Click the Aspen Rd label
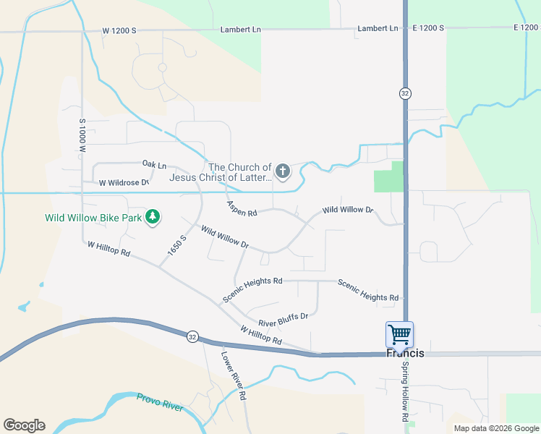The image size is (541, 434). tap(242, 209)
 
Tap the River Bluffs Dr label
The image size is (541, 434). tap(284, 320)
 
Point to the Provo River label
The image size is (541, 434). tap(160, 401)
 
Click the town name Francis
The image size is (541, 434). tap(405, 354)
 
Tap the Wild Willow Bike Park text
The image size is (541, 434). tap(92, 217)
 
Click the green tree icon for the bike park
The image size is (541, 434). tap(153, 217)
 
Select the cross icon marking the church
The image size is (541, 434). tap(283, 171)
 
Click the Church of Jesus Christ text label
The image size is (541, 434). tap(221, 171)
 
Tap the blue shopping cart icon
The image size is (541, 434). tap(399, 335)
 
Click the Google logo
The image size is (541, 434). tap(24, 425)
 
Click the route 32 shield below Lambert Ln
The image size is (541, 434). tap(405, 93)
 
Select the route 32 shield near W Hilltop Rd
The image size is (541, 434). tap(192, 336)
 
